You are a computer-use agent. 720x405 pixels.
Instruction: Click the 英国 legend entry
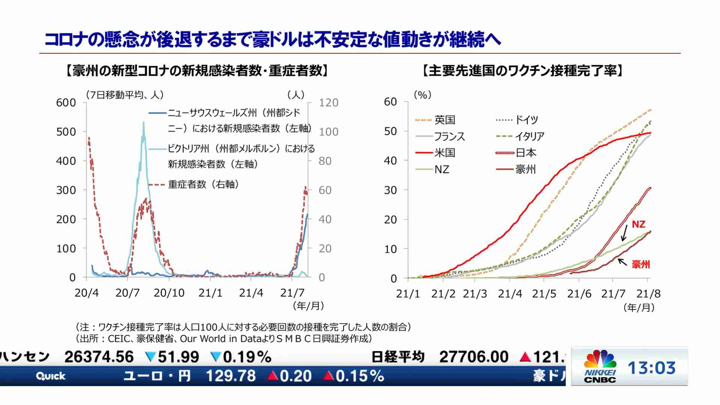[x=444, y=120]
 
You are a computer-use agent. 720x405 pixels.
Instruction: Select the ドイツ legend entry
[x=526, y=120]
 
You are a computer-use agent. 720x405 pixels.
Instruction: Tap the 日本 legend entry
[x=526, y=153]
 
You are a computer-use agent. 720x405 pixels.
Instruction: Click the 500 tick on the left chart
[x=66, y=132]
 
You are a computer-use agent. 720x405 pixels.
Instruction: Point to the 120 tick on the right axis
[x=328, y=103]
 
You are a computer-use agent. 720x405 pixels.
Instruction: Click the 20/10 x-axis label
[x=169, y=293]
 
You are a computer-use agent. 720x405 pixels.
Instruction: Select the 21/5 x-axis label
[x=544, y=294]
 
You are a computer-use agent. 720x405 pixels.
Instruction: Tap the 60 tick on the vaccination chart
[x=390, y=102]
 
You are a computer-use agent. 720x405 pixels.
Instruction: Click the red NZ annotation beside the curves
[x=638, y=224]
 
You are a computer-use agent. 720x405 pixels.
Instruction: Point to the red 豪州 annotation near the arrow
[x=640, y=264]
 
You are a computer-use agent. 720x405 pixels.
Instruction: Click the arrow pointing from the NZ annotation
[x=624, y=233]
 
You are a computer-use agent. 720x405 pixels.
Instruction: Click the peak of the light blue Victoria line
[x=144, y=123]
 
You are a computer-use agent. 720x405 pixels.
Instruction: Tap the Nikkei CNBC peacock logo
[x=600, y=360]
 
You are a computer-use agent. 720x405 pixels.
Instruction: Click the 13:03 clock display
[x=652, y=368]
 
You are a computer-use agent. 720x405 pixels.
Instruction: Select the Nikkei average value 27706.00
[x=474, y=357]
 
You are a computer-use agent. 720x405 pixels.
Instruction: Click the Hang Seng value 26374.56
[x=99, y=357]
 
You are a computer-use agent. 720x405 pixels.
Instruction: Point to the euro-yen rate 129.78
[x=231, y=376]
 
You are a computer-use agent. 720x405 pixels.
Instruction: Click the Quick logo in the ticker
[x=51, y=376]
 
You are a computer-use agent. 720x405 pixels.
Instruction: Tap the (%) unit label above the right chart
[x=422, y=95]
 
